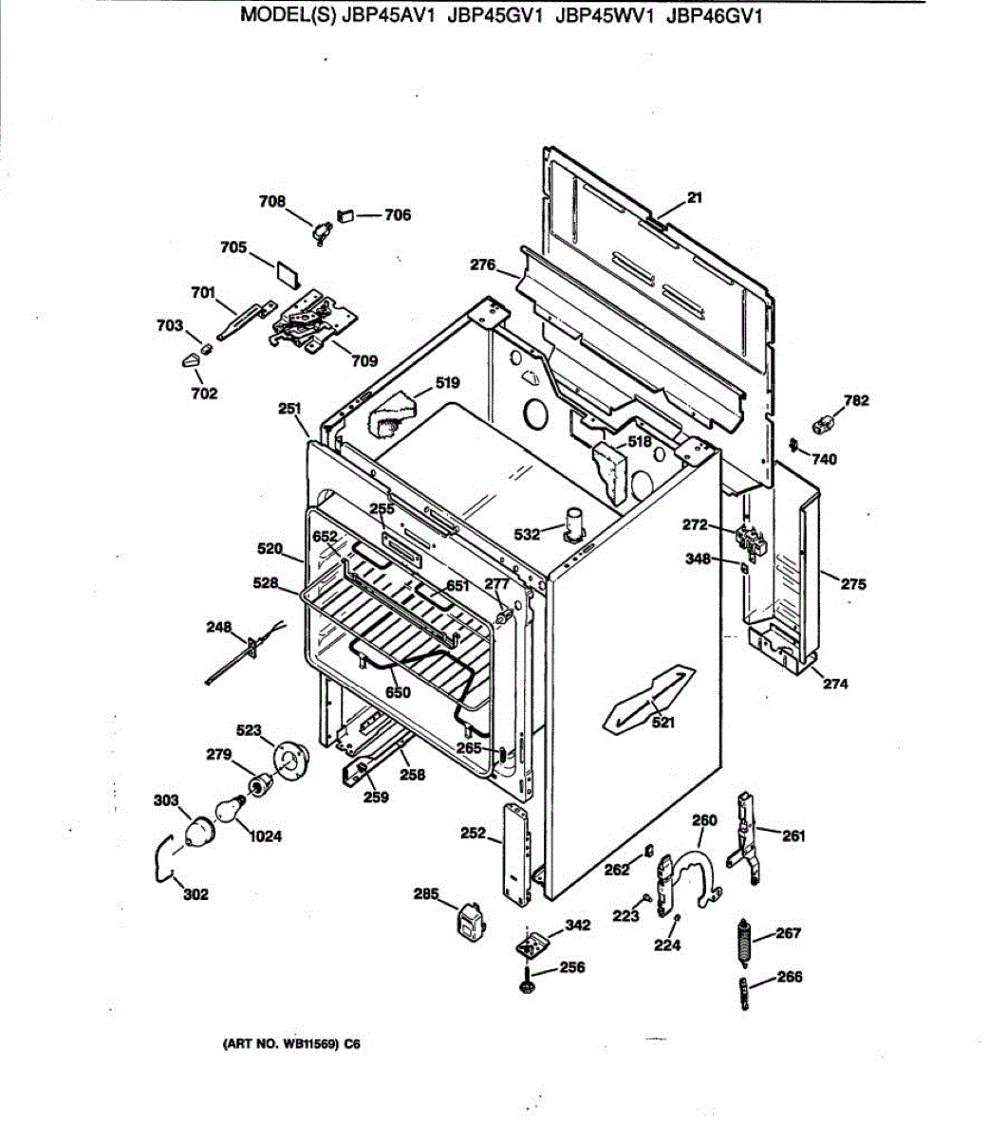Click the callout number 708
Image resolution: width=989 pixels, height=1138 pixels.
click(271, 201)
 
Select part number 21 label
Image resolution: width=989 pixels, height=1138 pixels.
click(695, 198)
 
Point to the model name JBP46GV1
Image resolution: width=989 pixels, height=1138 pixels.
click(715, 16)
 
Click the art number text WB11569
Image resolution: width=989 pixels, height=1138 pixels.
click(306, 1045)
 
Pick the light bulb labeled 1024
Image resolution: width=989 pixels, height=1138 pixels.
click(226, 810)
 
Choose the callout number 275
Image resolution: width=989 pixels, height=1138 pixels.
click(853, 584)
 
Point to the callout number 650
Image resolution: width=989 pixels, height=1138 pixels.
click(399, 692)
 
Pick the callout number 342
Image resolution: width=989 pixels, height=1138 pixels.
click(577, 926)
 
